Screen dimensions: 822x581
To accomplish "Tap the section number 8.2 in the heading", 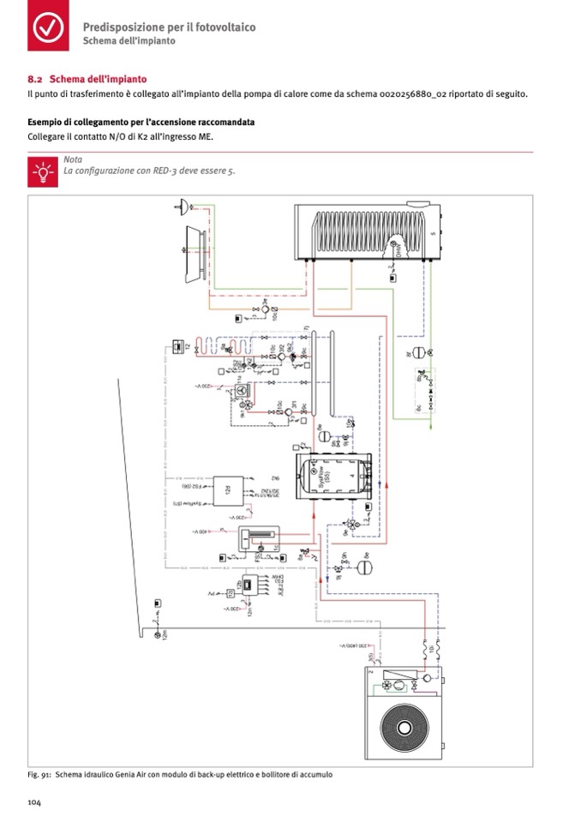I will [x=35, y=79].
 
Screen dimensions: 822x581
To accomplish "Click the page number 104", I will [x=35, y=802].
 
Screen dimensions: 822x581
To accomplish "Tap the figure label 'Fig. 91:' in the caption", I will [x=40, y=775].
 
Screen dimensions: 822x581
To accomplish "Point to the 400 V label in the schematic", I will [x=198, y=531].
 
